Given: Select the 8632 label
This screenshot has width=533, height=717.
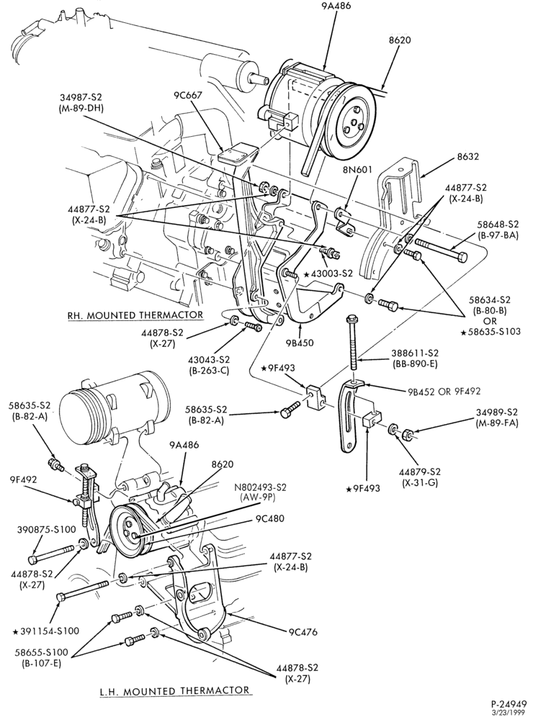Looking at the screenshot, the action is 468,156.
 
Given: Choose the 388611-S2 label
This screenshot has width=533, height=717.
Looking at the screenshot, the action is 416,353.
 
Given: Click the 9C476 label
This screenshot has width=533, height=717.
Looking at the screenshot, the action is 303,632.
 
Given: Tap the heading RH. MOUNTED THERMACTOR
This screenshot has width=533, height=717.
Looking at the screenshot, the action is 134,315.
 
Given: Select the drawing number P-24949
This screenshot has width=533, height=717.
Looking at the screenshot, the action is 507,705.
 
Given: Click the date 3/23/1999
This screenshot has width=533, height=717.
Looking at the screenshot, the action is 508,713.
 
